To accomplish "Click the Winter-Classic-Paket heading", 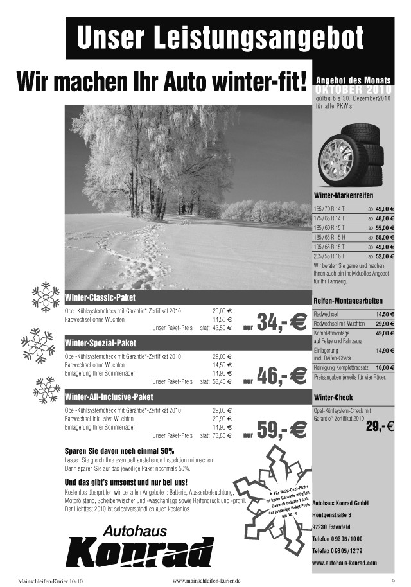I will coord(100,298).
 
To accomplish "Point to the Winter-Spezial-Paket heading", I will coord(100,342).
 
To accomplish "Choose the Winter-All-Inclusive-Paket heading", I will coord(109,396).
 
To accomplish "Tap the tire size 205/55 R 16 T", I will coord(329,256).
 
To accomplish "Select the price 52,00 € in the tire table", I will coord(385,256).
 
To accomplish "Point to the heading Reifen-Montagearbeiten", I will coord(348,301).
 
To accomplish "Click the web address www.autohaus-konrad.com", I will coord(344,563).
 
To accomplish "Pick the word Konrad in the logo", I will coord(139,551).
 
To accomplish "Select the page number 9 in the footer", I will coord(392,581).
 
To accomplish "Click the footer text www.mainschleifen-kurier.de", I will coord(207,581).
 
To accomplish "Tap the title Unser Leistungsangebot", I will coord(220,38).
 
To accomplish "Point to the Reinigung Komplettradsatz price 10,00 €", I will coord(385,367).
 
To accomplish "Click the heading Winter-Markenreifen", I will coord(344,195).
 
